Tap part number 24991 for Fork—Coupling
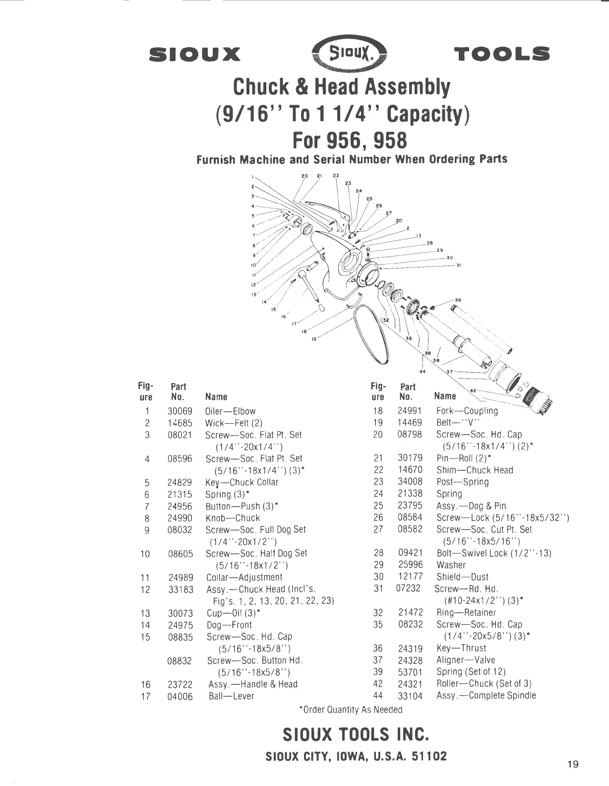pos(410,411)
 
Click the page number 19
pos(573,764)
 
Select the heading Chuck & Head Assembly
pos(342,87)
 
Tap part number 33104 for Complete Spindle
pos(410,696)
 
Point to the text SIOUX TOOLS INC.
pos(355,734)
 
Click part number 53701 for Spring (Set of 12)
pos(410,672)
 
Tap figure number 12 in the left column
pos(145,589)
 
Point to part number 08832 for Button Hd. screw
pos(180,661)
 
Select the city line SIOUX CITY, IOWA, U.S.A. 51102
pos(356,757)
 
